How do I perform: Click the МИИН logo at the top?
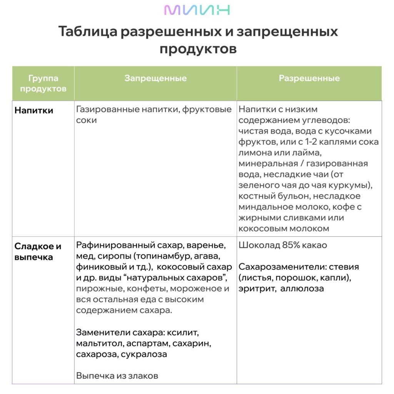(197, 10)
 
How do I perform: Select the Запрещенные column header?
(155, 78)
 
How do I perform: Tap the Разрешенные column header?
(309, 78)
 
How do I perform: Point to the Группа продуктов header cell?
(43, 83)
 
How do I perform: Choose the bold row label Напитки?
(34, 110)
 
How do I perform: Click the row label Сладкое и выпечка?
(38, 252)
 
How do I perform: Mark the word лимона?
(255, 153)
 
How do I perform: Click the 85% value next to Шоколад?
(291, 245)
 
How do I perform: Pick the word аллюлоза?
(302, 288)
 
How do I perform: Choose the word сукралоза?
(144, 354)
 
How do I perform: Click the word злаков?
(144, 376)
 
